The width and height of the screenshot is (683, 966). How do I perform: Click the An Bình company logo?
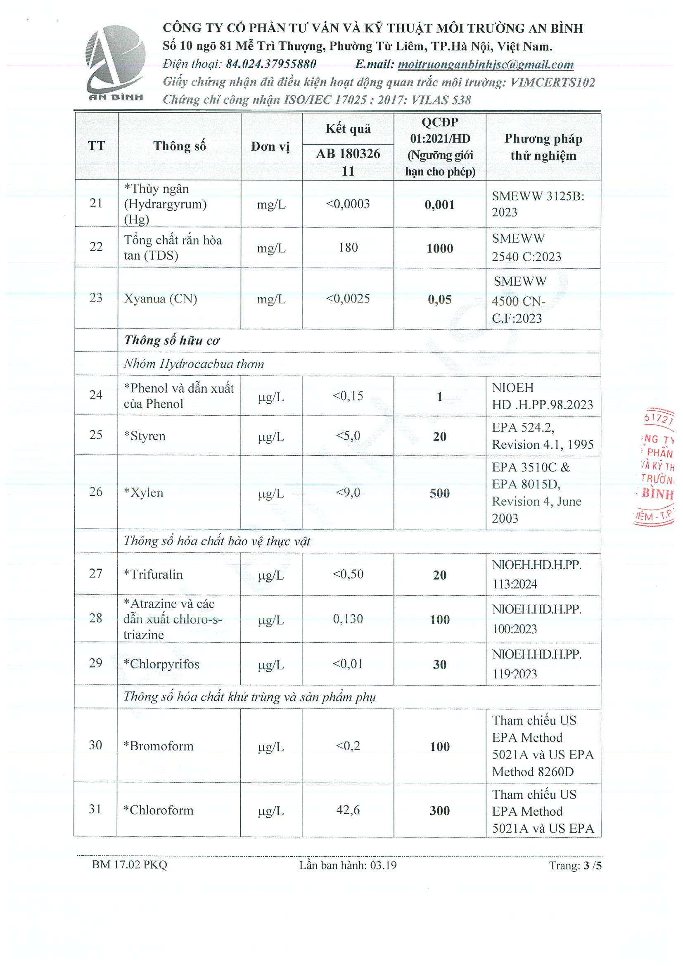115,62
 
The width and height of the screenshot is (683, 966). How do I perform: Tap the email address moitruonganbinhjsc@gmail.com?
485,64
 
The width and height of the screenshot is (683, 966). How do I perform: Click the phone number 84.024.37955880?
271,64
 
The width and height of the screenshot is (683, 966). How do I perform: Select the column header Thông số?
179,146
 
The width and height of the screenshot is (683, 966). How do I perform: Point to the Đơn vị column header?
270,147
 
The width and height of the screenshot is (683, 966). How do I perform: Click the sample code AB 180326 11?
348,162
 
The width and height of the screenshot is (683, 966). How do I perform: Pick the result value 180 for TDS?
348,247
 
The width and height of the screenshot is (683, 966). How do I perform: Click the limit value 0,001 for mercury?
439,204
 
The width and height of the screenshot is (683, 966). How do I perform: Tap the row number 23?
96,298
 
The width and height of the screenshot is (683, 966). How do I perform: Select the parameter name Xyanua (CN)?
160,299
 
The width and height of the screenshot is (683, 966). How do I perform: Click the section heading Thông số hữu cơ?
172,341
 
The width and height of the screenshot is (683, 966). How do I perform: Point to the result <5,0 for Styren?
348,436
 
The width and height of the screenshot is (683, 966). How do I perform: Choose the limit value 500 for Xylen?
439,493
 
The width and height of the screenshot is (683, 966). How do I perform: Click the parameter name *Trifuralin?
153,574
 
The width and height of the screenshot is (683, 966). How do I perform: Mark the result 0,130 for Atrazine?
348,619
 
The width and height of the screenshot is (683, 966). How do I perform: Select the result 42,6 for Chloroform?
348,810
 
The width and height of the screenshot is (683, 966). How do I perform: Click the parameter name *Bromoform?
158,746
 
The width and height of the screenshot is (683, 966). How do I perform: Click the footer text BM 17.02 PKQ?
130,864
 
